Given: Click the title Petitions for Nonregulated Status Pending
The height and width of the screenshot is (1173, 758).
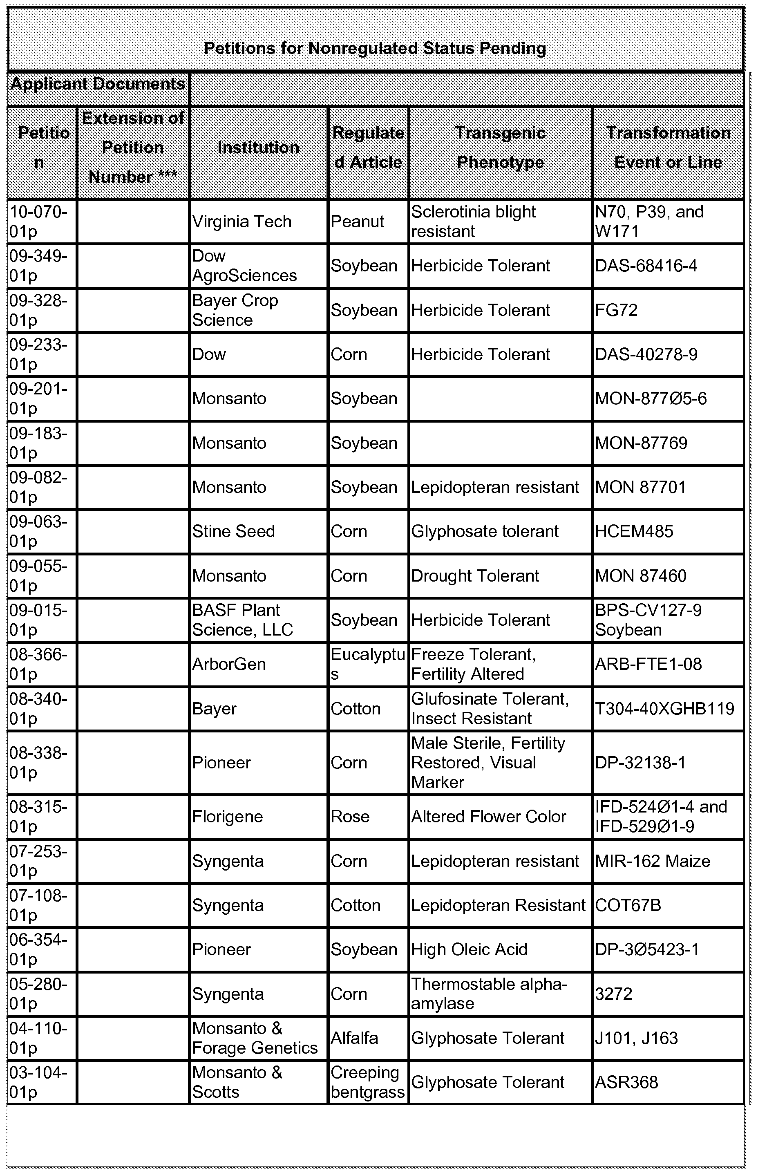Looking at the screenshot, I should (375, 48).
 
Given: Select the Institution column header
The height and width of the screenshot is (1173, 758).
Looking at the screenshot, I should (258, 148).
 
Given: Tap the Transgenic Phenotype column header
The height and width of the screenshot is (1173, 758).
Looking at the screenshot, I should (500, 148).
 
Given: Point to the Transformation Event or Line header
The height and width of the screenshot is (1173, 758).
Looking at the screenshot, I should (668, 148).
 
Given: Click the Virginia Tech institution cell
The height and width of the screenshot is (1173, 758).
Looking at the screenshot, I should (241, 222).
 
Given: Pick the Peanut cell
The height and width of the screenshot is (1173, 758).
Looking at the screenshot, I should (357, 222).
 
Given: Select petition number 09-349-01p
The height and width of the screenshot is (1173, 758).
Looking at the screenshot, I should (38, 266).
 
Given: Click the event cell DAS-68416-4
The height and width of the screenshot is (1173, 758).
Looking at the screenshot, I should (646, 266).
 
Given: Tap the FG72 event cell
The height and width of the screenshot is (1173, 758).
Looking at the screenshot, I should (616, 310).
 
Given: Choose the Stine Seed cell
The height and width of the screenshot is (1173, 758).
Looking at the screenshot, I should (233, 532).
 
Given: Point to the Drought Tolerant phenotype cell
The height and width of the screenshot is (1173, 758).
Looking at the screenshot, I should (475, 576).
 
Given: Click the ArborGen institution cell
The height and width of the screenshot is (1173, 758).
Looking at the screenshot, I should (229, 665).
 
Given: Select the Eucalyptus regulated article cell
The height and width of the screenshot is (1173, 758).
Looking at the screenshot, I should (367, 665).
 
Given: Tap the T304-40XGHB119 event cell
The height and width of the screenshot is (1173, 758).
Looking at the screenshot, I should (664, 709).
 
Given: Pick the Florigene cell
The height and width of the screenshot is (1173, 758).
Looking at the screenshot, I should (227, 817).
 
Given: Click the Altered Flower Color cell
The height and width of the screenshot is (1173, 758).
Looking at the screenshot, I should (488, 817).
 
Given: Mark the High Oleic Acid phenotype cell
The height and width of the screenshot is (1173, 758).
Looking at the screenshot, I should (469, 949).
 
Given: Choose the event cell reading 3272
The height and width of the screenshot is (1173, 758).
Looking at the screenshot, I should (613, 994).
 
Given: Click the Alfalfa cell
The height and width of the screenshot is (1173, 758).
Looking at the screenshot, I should (354, 1038).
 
